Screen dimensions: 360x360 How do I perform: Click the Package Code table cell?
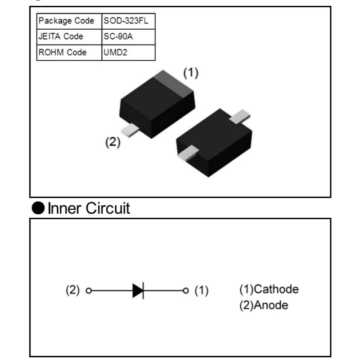click(x=69, y=21)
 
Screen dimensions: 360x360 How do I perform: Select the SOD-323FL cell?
click(x=128, y=21)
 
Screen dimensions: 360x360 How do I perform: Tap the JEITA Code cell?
click(x=69, y=37)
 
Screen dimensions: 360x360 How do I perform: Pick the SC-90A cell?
click(x=128, y=37)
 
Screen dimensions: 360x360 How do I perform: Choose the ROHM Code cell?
click(x=69, y=53)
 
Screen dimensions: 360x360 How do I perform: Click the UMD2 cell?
click(x=128, y=53)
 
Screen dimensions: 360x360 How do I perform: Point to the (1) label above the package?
click(x=191, y=73)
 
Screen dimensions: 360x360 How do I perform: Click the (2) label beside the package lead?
click(x=113, y=142)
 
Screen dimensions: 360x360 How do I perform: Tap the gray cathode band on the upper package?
click(x=174, y=83)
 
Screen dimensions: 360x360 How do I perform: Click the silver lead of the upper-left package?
click(x=130, y=130)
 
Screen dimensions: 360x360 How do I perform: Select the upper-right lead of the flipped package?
click(x=240, y=117)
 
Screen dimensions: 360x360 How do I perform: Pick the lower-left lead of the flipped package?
click(x=188, y=152)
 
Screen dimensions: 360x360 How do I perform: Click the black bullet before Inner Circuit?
click(x=38, y=208)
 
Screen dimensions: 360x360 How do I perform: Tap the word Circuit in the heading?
click(x=108, y=208)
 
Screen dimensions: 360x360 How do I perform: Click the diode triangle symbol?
click(x=138, y=291)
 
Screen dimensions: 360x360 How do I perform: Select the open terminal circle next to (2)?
click(x=89, y=291)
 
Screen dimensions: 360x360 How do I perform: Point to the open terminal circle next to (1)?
click(x=186, y=291)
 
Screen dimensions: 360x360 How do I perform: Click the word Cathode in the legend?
click(x=276, y=289)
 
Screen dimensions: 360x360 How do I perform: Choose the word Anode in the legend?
click(x=271, y=305)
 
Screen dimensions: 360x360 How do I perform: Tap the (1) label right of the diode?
click(x=202, y=290)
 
